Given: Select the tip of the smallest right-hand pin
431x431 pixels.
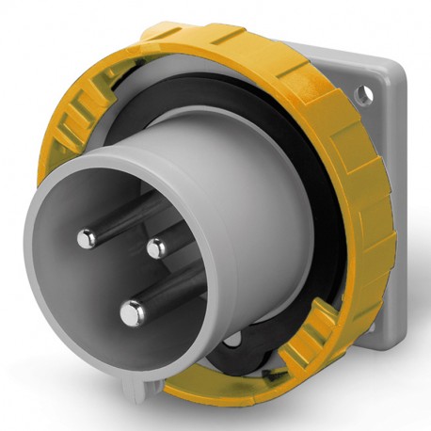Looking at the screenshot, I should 155,247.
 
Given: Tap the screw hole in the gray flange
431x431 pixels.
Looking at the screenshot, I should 360,94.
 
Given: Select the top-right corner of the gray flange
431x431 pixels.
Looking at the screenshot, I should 375,68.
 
